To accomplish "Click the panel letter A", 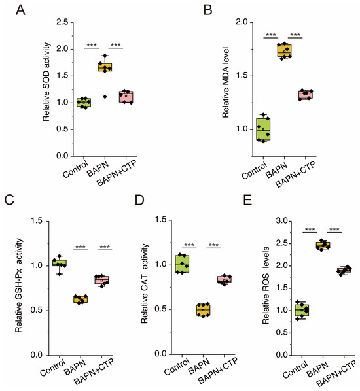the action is [20, 10].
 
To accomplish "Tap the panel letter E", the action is [247, 200].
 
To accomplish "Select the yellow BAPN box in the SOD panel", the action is [105, 67].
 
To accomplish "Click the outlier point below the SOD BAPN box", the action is [105, 97].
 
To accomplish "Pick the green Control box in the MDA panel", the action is [263, 129].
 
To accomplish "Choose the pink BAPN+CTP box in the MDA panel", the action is [305, 95].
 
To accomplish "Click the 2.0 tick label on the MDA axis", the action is [242, 22].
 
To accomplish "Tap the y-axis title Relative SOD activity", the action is [46, 82].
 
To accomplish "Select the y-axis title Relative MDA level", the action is [225, 82].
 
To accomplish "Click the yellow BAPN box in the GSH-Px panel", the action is [81, 299].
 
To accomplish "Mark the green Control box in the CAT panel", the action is [182, 263].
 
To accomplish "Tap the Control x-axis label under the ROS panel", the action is [295, 369].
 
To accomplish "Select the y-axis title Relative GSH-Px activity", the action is [19, 286].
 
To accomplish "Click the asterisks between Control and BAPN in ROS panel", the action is [310, 229].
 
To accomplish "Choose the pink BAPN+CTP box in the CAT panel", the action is [225, 279].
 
